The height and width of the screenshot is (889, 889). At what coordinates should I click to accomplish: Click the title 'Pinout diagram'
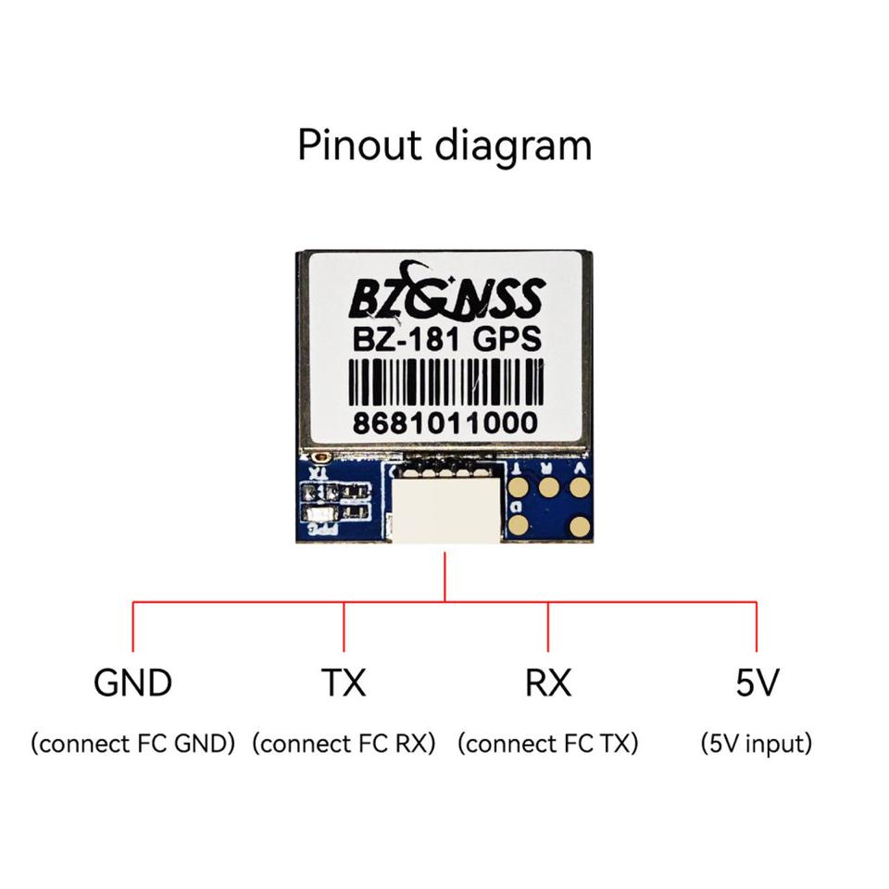coord(444,146)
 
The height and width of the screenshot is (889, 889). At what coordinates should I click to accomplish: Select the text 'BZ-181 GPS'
coord(444,341)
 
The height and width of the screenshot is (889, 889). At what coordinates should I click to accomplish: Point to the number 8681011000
coord(444,424)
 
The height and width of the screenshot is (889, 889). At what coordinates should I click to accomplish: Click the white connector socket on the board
coord(446,507)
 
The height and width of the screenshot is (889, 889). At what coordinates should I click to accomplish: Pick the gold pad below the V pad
coord(580,527)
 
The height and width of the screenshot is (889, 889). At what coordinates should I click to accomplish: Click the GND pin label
coord(132,683)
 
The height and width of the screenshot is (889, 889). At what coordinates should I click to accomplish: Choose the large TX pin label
coord(344,683)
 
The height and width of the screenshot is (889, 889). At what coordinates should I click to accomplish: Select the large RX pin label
coord(548,683)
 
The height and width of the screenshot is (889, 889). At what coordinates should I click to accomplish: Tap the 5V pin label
coord(757,683)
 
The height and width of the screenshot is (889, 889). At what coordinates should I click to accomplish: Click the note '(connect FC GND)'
coord(132,744)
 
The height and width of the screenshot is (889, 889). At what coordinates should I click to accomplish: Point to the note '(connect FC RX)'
coord(344,744)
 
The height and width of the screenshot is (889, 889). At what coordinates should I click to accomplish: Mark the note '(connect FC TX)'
coord(548,744)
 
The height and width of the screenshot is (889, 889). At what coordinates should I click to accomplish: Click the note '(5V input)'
coord(757,744)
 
